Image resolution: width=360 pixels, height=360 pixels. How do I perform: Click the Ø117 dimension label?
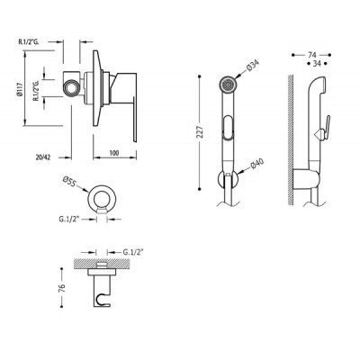[x=20, y=89]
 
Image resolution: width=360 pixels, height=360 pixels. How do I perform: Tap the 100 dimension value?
[x=114, y=153]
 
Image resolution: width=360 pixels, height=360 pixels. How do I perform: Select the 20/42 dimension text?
[x=43, y=157]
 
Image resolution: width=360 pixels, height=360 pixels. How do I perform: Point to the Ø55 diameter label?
[x=69, y=182]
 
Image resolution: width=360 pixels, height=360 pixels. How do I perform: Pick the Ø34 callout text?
[x=252, y=66]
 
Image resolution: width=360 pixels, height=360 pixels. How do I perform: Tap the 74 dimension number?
[x=312, y=55]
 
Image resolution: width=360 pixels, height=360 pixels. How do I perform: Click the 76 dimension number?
[x=61, y=287]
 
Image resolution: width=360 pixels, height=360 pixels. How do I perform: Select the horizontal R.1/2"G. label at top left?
[x=29, y=42]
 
